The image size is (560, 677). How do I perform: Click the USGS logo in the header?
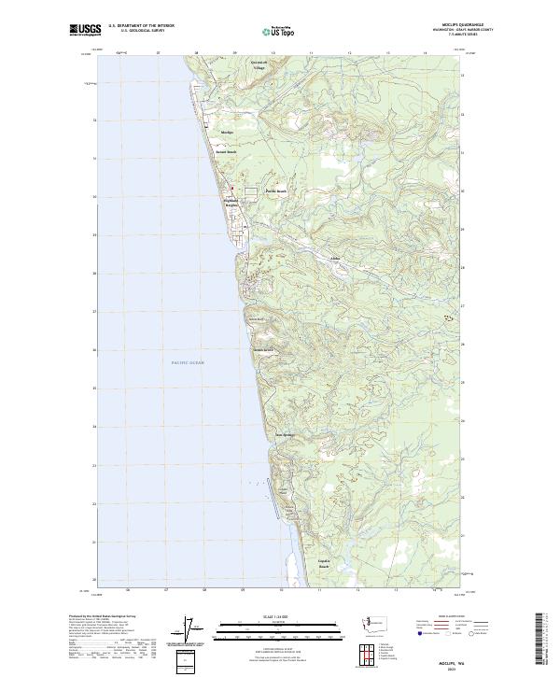click(85, 30)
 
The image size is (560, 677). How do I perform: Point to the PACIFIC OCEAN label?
click(188, 361)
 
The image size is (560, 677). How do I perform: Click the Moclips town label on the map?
click(226, 133)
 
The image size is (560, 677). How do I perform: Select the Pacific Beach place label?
click(275, 190)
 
